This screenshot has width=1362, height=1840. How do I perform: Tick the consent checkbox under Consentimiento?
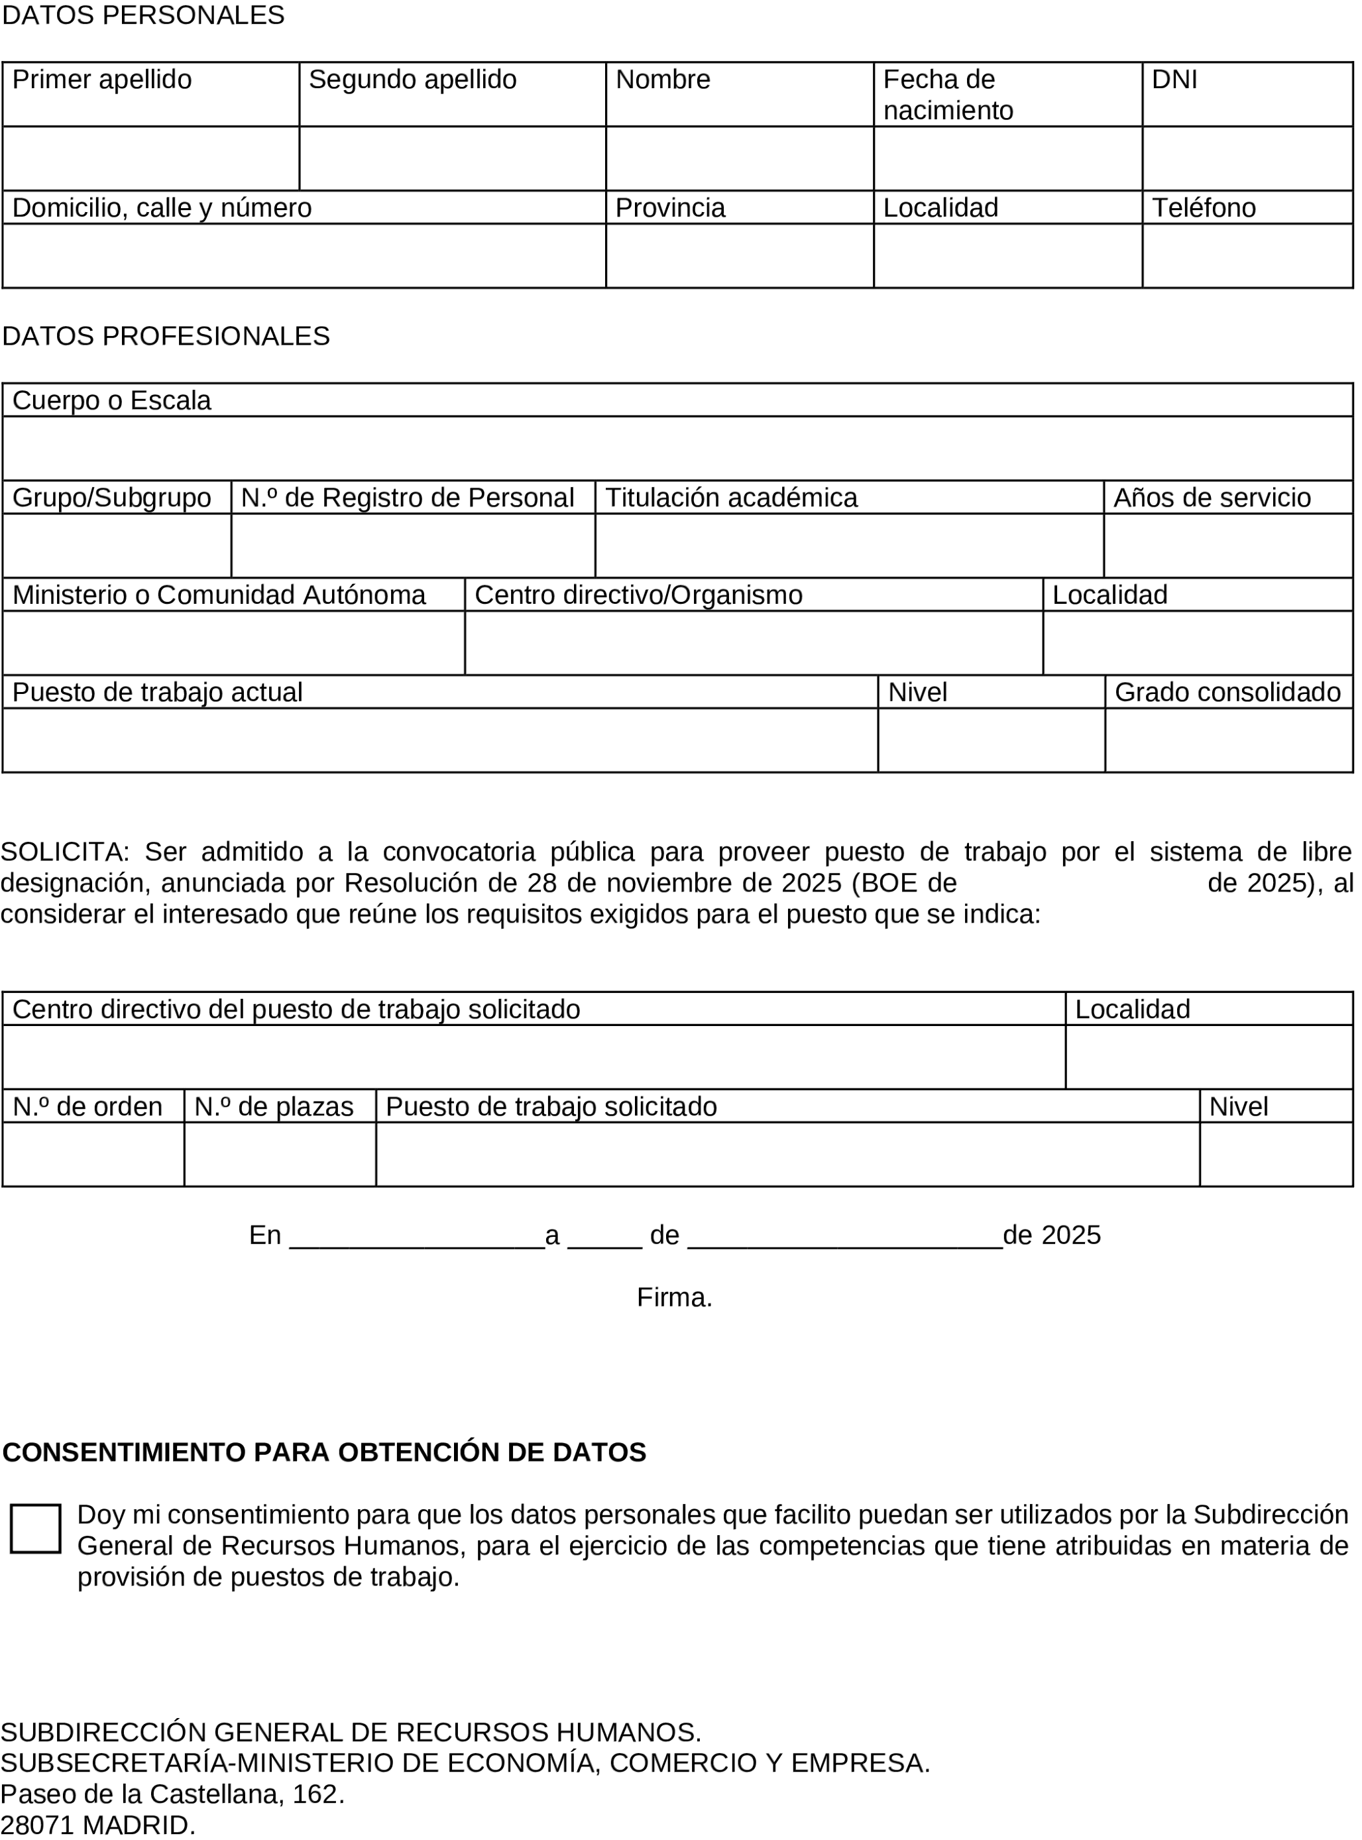(x=35, y=1528)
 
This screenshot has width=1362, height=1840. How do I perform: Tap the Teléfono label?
(x=1203, y=207)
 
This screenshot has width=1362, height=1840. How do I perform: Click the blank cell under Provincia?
(x=739, y=256)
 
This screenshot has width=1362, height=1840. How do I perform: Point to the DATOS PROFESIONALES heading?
(x=166, y=336)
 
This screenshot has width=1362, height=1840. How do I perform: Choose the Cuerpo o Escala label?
(x=111, y=400)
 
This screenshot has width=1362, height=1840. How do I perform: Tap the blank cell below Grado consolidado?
(x=1228, y=740)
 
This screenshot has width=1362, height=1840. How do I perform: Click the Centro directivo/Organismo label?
(x=638, y=595)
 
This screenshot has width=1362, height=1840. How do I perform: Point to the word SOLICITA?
(x=64, y=852)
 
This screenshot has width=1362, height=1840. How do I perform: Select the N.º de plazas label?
(x=273, y=1107)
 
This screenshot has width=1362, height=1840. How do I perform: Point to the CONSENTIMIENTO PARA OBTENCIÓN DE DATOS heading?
(x=324, y=1452)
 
